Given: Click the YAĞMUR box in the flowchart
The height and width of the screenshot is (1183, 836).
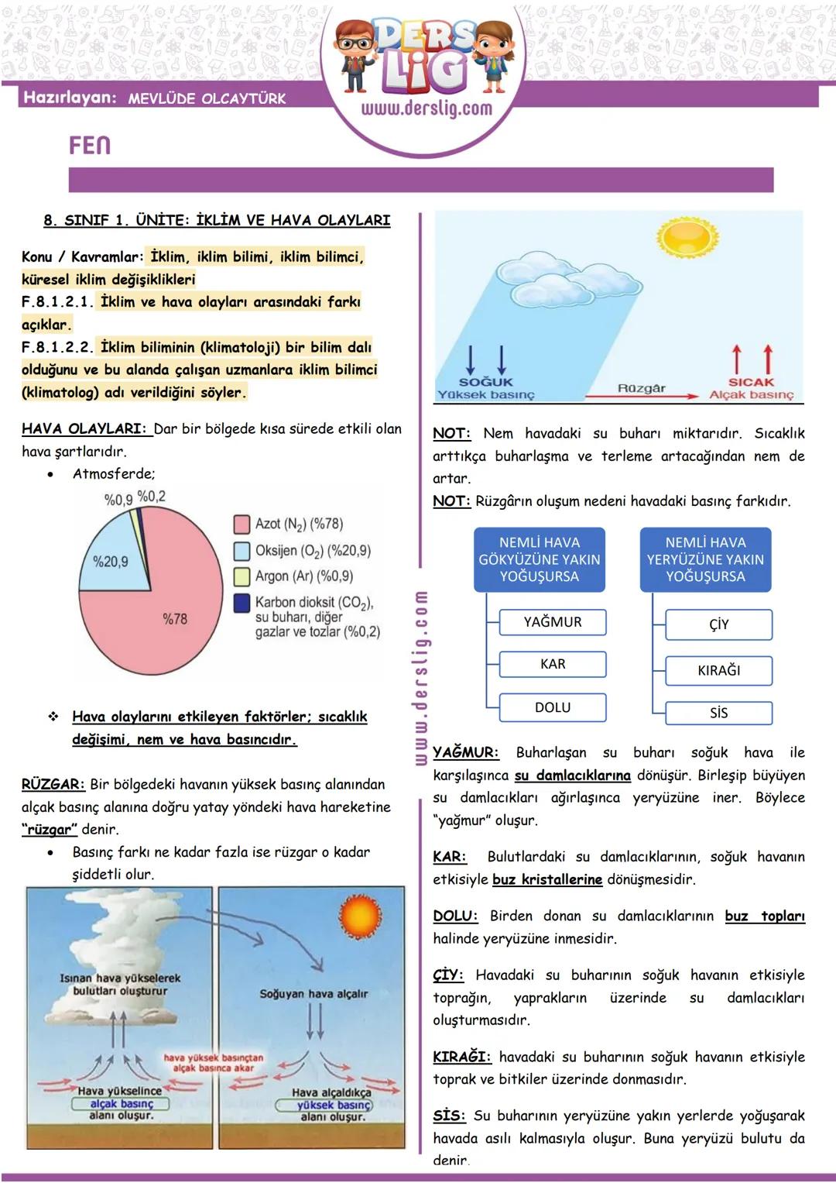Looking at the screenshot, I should click(553, 622).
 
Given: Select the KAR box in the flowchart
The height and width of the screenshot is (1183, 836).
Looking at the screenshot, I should click(553, 665).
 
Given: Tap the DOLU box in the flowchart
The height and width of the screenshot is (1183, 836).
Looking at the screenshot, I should click(553, 707).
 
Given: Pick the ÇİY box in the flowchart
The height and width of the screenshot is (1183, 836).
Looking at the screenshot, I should click(719, 624).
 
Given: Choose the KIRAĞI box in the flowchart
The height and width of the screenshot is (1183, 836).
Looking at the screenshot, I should click(719, 670).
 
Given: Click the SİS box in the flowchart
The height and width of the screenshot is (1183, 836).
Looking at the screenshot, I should click(719, 713).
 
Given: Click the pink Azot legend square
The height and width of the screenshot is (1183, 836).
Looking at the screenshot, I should click(242, 524).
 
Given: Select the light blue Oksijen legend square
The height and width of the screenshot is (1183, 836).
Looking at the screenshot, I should click(242, 551).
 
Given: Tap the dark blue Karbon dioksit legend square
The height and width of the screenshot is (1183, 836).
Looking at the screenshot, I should click(242, 603).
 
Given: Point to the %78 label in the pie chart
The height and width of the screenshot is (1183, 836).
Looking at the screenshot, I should click(175, 619).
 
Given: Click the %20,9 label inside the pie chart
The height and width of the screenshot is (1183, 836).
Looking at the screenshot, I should click(111, 562).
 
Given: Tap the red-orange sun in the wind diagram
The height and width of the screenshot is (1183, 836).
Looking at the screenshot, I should click(360, 918).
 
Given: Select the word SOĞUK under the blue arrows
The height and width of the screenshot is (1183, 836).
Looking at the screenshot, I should click(486, 382).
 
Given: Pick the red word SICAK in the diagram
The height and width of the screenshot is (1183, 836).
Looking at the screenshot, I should click(751, 382).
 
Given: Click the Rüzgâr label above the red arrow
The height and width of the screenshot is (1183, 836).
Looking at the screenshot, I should click(642, 387).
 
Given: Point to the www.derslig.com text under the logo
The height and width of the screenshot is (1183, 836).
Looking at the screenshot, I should click(427, 108).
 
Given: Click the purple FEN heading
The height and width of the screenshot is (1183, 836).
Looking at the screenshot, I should click(90, 146).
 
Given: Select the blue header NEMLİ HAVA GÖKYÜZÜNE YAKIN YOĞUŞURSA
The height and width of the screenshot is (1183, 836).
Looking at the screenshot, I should click(540, 559).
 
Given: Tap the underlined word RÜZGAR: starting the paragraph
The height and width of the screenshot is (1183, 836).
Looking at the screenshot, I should click(53, 784).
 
